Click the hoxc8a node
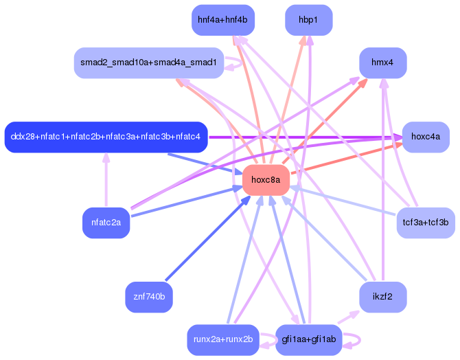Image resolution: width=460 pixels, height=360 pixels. (266, 180)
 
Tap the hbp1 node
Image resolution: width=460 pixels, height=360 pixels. (308, 20)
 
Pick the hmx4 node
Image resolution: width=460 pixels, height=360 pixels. (382, 63)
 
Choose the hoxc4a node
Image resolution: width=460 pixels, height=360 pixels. (426, 137)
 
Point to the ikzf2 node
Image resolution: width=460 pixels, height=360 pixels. (383, 297)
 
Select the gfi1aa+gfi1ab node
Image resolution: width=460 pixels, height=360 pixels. (308, 339)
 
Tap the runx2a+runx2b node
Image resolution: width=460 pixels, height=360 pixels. (222, 339)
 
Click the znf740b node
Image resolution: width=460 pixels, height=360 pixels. (149, 297)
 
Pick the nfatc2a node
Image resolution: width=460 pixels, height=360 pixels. (106, 223)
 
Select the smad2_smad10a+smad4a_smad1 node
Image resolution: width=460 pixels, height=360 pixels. (148, 63)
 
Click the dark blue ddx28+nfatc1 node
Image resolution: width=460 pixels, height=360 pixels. (106, 137)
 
